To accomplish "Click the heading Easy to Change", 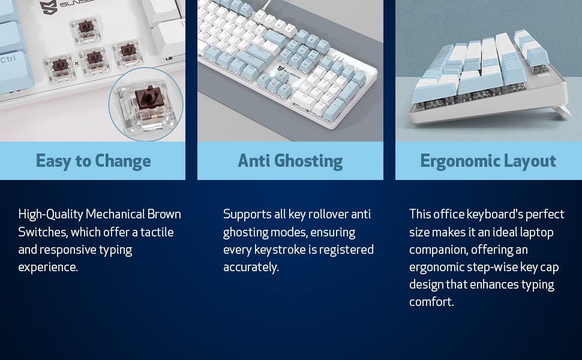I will coord(93,161).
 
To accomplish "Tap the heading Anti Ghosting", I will coord(290,161).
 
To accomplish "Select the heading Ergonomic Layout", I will coord(488,161).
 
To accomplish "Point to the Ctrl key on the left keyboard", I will coord(8,59).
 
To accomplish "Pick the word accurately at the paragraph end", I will coord(251,267).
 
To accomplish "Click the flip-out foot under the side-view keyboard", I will coord(563,112).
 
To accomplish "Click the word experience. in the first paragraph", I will coord(48,267).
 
